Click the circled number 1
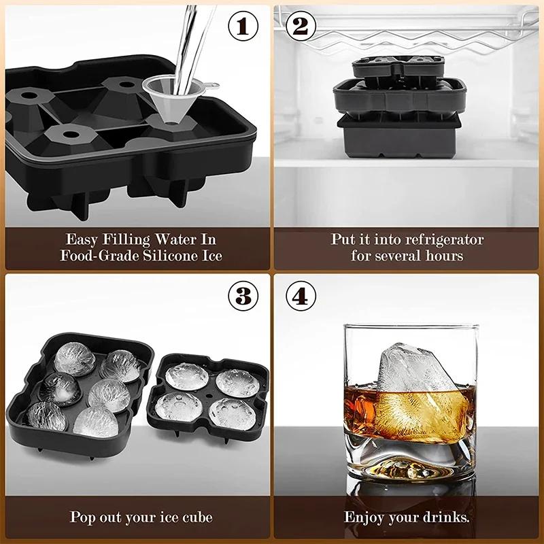(x=243, y=27)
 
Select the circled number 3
(x=243, y=297)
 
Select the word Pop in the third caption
(x=84, y=517)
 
